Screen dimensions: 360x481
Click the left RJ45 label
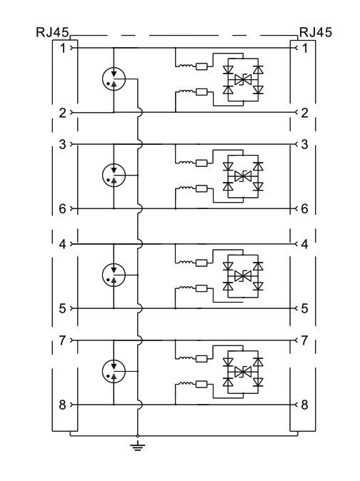coord(52,32)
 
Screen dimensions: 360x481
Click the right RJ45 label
coord(316,32)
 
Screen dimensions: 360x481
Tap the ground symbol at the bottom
coord(137,445)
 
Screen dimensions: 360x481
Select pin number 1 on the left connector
coord(63,48)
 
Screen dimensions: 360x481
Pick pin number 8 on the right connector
coord(304,405)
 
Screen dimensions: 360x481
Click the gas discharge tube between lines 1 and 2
coord(114,79)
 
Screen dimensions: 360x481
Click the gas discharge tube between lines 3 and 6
coord(114,175)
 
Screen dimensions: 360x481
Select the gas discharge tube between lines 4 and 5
coord(114,275)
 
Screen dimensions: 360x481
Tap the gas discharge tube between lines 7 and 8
coord(114,372)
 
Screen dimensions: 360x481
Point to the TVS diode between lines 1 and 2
coord(243,80)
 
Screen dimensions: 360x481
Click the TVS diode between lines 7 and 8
coord(243,372)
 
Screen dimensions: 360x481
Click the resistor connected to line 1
coord(201,66)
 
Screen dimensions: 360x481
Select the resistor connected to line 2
coord(201,91)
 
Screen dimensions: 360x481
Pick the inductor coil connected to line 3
coord(186,162)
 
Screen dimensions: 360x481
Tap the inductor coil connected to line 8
coord(186,383)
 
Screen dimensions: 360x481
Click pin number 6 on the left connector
coord(63,209)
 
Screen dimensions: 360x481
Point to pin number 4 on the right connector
coord(304,244)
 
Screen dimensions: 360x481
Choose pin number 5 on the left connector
coord(63,308)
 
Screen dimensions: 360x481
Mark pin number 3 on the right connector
coord(304,144)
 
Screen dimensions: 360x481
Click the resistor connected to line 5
coord(201,288)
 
